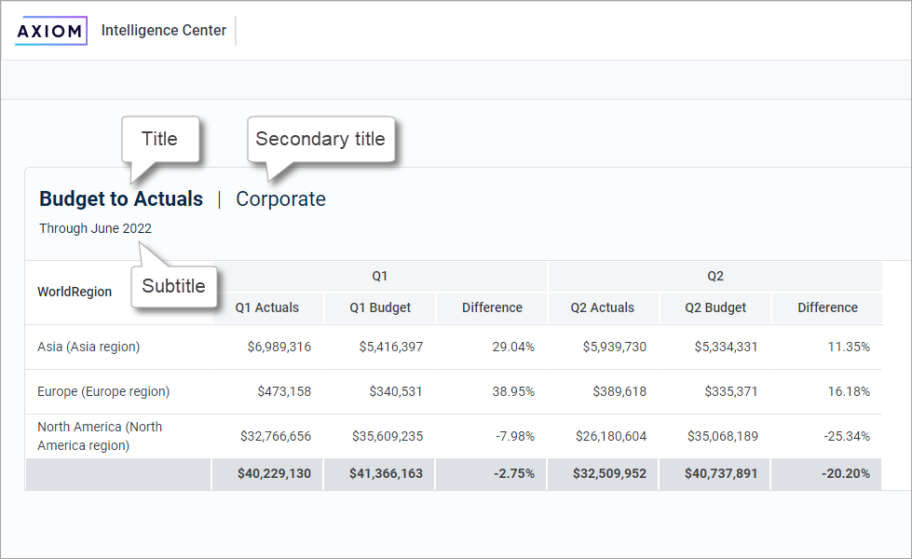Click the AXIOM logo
click(x=51, y=31)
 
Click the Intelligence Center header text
click(x=164, y=31)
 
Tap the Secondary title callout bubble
click(x=320, y=140)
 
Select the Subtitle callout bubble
click(x=174, y=286)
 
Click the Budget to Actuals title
click(x=121, y=198)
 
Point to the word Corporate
click(x=280, y=198)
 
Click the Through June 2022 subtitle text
click(x=95, y=228)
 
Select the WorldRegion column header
click(x=75, y=292)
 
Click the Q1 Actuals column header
click(x=267, y=307)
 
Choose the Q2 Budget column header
click(x=715, y=307)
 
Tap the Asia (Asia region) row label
click(x=88, y=347)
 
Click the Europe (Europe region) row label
click(x=103, y=391)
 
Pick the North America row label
click(x=100, y=436)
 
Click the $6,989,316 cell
click(x=279, y=347)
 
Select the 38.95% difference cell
click(x=513, y=391)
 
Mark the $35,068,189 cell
click(x=722, y=436)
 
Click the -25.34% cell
click(x=847, y=436)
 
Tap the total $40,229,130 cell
click(x=275, y=473)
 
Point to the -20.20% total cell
click(x=846, y=473)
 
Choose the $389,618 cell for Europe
click(x=619, y=391)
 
